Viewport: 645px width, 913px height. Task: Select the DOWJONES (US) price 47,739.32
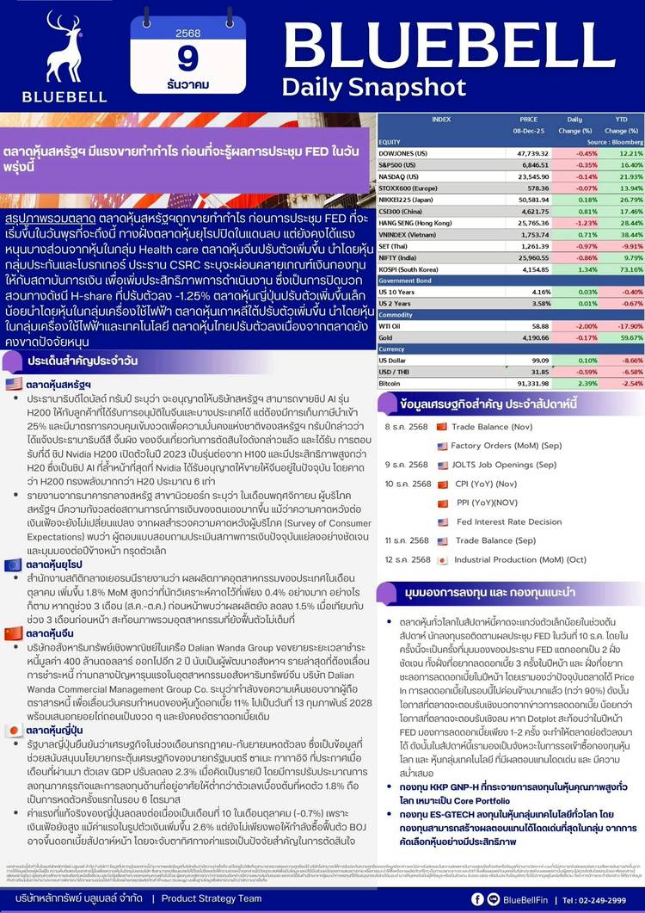534,152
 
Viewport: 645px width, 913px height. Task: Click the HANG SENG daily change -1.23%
575,222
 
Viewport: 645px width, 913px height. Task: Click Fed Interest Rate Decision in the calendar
509,521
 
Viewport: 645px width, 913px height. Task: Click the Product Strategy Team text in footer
212,898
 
